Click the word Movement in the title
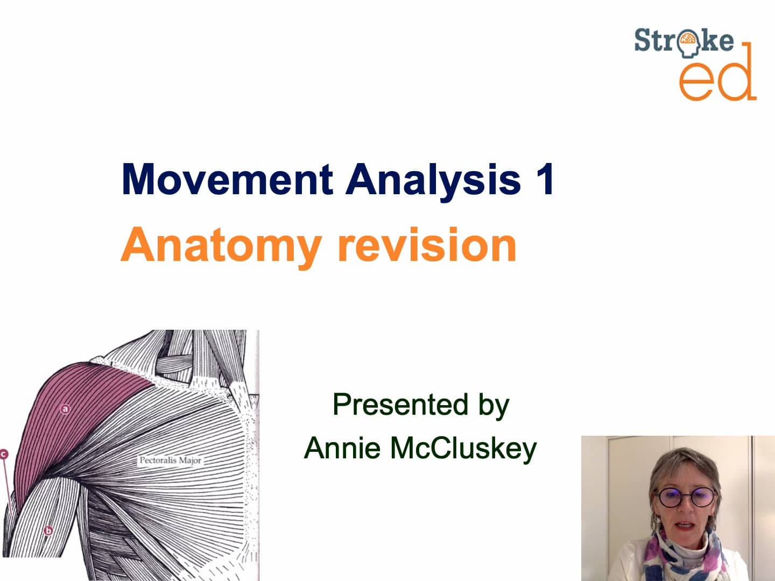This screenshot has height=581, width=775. (227, 179)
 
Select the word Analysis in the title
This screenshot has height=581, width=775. (433, 180)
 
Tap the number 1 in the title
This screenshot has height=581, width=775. (544, 179)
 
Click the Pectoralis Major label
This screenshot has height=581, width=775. (170, 460)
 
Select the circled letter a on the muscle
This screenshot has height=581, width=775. (65, 409)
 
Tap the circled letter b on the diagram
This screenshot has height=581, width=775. (48, 531)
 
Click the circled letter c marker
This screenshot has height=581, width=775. (4, 454)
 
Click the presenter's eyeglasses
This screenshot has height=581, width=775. (685, 496)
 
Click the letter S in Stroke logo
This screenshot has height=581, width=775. (642, 41)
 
